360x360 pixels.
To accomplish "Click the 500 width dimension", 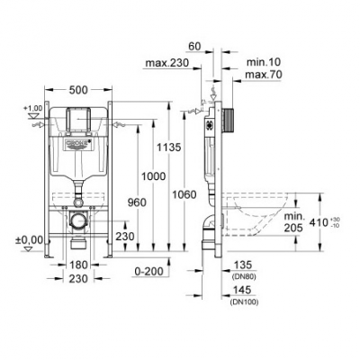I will coord(80,91).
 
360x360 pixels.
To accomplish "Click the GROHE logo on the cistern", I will coord(80,146).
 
